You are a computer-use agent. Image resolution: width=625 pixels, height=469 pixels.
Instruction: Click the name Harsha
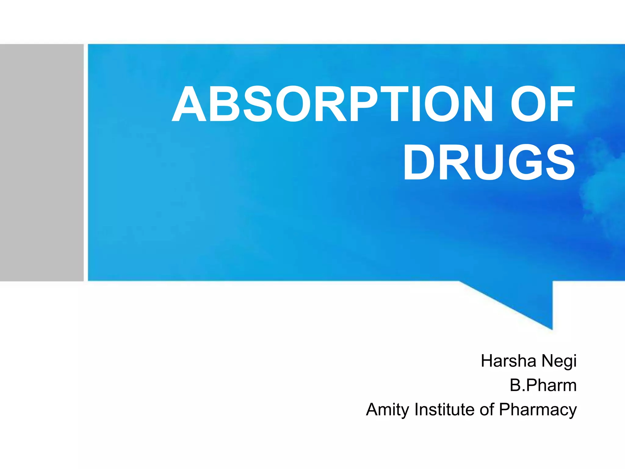pyautogui.click(x=508, y=361)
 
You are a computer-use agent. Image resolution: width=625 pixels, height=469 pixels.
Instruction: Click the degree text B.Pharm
pyautogui.click(x=543, y=385)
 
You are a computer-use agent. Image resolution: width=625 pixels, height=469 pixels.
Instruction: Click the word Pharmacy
pyautogui.click(x=538, y=410)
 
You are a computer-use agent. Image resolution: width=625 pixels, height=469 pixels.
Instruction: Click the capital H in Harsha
pyautogui.click(x=487, y=361)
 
